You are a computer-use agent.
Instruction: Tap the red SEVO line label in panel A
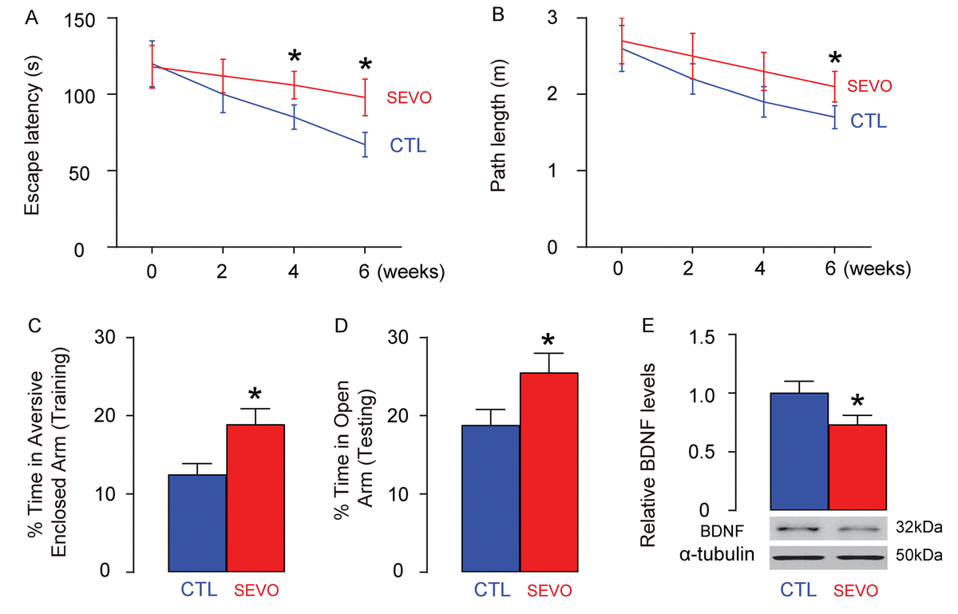coord(409,97)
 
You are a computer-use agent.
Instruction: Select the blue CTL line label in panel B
coord(868,121)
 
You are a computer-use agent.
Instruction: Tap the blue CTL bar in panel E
coord(799,451)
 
